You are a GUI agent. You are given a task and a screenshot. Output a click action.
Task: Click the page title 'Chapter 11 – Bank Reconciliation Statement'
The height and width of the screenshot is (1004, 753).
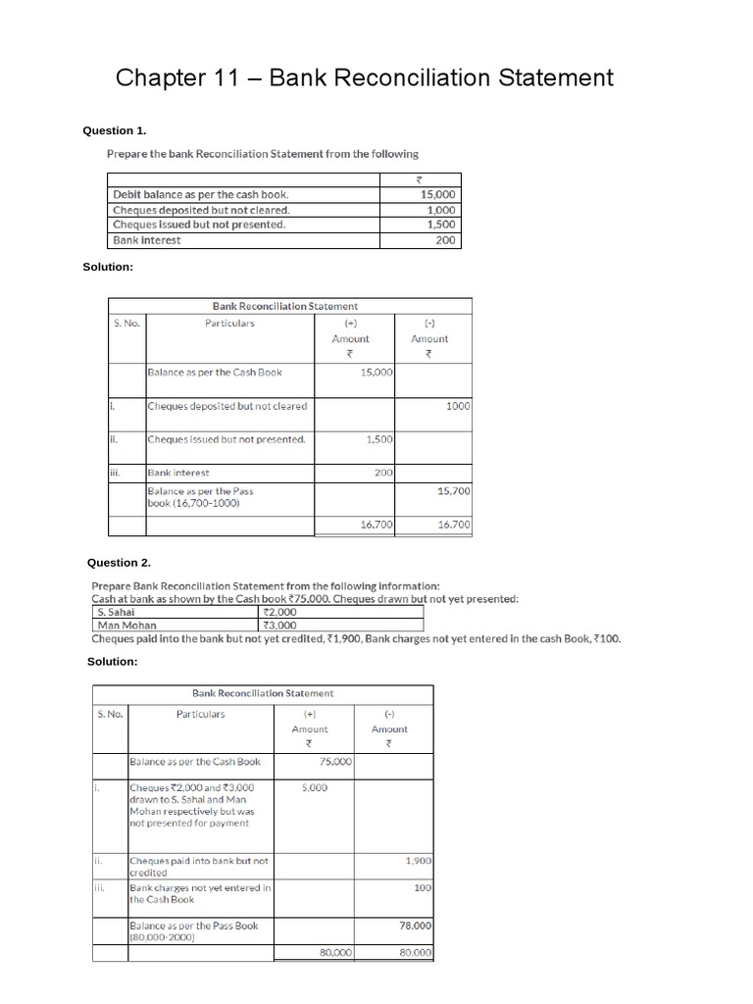[x=365, y=77]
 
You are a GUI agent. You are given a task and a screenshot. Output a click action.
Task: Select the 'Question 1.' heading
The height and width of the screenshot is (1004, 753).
[x=117, y=130]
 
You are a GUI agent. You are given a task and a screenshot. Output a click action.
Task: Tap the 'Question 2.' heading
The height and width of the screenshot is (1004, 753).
[x=119, y=563]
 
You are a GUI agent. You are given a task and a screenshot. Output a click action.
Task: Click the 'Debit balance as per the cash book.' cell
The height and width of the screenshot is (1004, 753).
[x=201, y=194]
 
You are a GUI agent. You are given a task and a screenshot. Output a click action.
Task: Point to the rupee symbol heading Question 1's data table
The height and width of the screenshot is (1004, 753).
[x=420, y=179]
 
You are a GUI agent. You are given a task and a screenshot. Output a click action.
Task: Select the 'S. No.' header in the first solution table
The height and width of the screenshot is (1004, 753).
[x=126, y=323]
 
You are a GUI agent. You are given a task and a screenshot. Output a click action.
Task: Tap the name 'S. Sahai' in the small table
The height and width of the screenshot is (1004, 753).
[x=117, y=611]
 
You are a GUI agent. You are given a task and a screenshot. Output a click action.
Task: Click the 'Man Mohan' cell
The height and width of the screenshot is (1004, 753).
[x=126, y=625]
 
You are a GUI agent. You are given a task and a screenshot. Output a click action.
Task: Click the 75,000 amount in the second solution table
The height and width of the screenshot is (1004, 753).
[x=336, y=762]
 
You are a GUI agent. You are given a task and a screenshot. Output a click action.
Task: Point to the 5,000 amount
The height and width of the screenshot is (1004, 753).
[x=315, y=787]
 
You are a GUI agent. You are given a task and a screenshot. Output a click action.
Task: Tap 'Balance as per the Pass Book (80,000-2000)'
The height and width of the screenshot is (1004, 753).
[x=193, y=930]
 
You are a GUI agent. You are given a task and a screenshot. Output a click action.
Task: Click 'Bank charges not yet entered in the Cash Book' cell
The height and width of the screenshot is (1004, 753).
[x=200, y=893]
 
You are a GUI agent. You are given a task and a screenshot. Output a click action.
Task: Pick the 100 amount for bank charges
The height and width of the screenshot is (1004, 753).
[x=423, y=887]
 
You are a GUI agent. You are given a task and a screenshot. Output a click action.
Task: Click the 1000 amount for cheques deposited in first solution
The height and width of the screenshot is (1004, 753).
[x=458, y=406]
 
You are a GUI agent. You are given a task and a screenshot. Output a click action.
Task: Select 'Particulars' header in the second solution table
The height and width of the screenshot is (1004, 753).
[x=200, y=714]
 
